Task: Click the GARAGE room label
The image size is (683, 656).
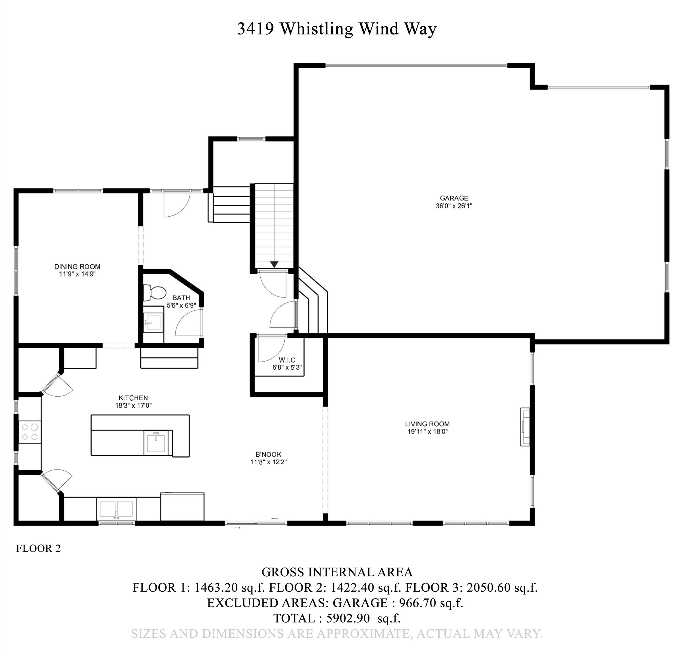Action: [x=454, y=198]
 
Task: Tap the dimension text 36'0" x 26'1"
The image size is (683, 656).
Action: [x=454, y=206]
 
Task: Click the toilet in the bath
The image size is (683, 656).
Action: [x=155, y=293]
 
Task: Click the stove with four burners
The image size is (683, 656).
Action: [x=30, y=432]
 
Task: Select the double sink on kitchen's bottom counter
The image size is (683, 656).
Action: [x=116, y=509]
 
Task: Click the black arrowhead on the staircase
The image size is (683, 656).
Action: [x=274, y=265]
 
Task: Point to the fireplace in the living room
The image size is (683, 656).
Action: [x=525, y=427]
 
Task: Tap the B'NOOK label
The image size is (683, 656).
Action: [x=268, y=454]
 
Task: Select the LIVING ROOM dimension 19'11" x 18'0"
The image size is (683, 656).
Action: [x=427, y=432]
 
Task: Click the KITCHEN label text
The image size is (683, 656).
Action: [x=133, y=398]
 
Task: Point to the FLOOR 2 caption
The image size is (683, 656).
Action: [x=38, y=548]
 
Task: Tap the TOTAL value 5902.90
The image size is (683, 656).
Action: [x=347, y=618]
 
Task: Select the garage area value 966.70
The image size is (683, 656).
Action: [x=417, y=603]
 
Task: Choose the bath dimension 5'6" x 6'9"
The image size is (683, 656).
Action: [x=181, y=305]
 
